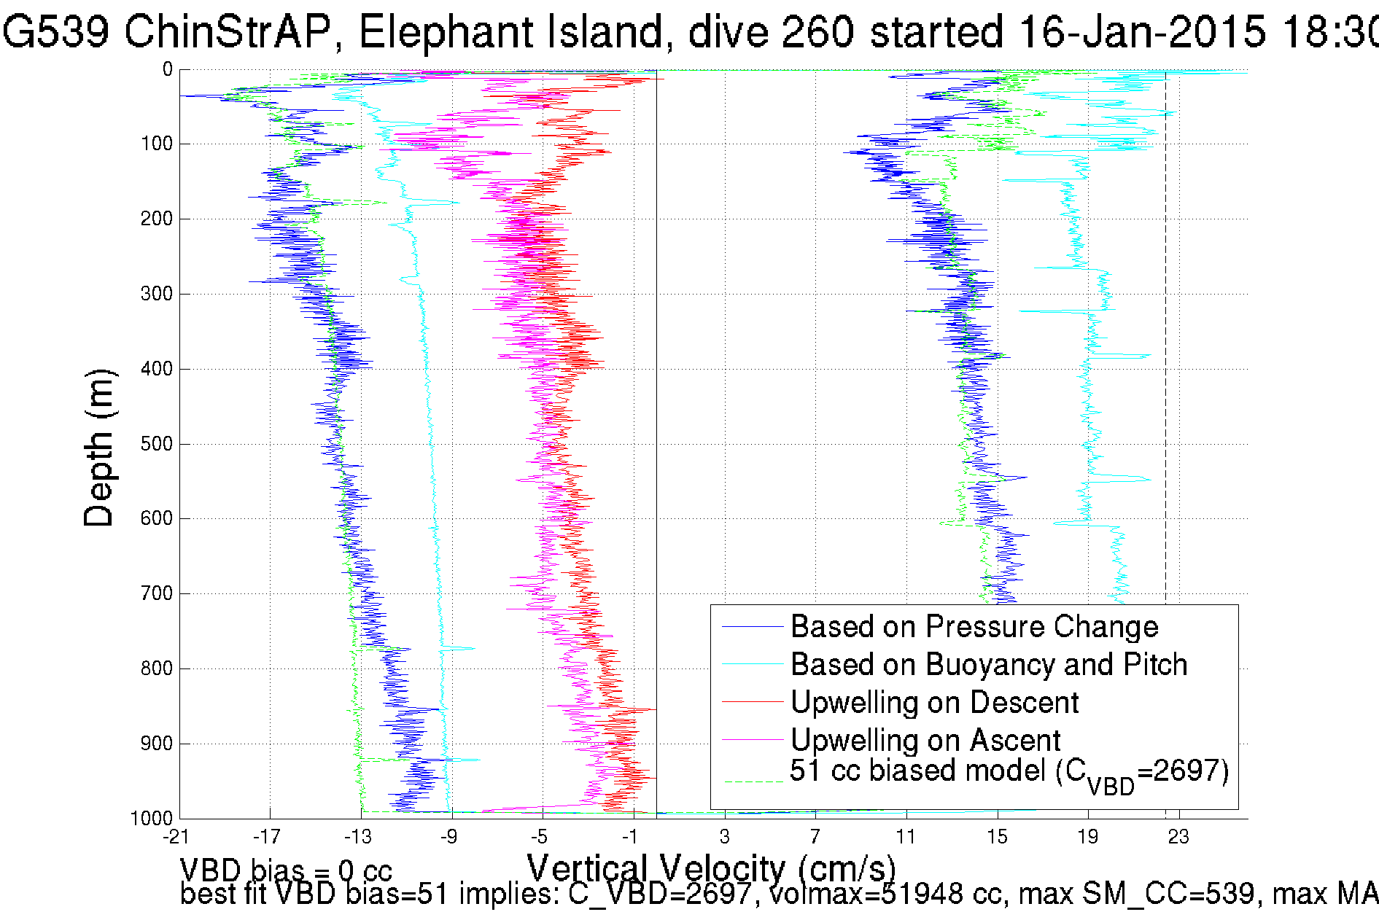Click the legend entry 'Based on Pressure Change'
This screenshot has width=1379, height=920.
point(974,627)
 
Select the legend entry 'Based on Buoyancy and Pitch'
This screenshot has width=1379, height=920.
point(988,665)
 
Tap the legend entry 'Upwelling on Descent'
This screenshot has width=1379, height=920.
point(934,703)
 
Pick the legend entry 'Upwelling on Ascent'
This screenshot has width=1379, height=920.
point(925,741)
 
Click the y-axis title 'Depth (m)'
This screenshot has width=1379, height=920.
point(99,448)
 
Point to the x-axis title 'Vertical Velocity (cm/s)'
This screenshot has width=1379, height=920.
point(711,868)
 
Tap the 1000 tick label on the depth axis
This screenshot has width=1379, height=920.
point(152,818)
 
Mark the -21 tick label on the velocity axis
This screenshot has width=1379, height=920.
point(176,837)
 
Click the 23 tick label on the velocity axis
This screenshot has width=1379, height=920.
point(1178,837)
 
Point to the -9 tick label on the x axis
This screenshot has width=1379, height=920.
point(449,837)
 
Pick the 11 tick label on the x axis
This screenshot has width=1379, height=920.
point(906,837)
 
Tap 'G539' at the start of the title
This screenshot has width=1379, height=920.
point(56,32)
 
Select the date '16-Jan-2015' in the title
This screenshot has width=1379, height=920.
point(1141,32)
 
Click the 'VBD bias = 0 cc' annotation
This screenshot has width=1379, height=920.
point(286,870)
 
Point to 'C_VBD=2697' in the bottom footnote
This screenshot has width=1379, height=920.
point(659,894)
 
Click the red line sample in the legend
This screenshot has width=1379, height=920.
point(752,702)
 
